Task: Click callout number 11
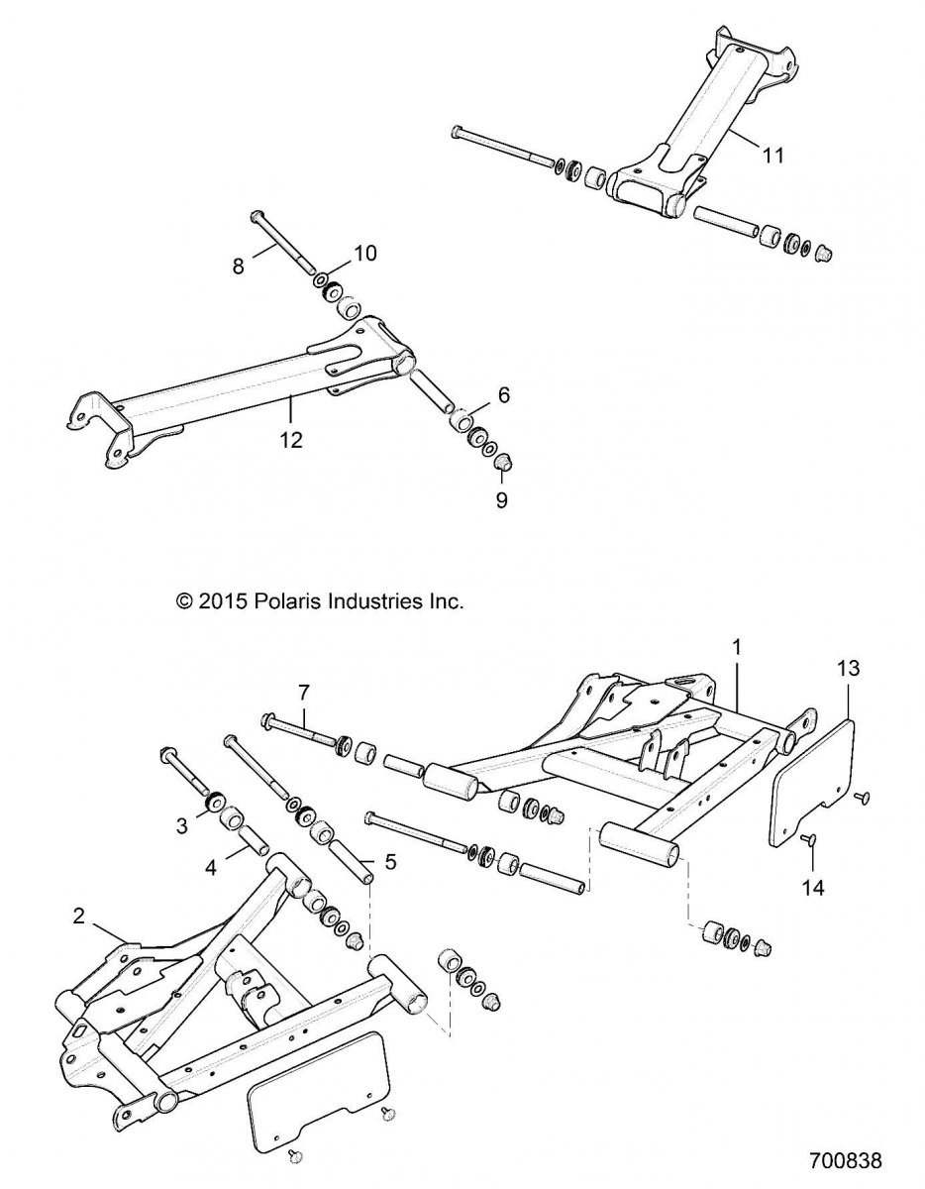coord(772,154)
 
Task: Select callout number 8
coord(237,266)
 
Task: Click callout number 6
coord(503,394)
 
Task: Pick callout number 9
coord(501,500)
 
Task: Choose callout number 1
coord(736,646)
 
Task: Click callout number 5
coord(390,861)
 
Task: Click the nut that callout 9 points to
coord(502,463)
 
